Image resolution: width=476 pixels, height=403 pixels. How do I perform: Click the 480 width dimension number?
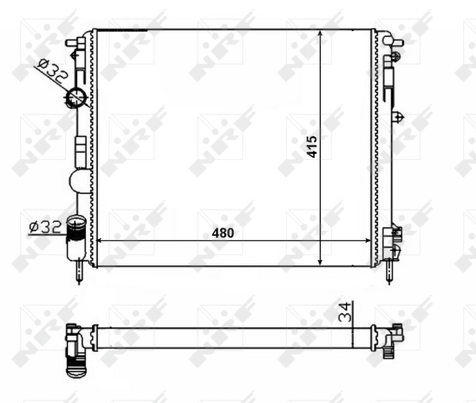223,233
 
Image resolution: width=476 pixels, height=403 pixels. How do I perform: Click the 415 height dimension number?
312,146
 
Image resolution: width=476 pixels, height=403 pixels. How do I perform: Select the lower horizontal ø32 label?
45,227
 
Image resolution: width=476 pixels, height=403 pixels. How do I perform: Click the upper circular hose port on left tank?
75,98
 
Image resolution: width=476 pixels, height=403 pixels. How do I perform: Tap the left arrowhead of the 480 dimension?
102,240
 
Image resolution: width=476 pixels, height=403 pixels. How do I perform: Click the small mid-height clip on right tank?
399,118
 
